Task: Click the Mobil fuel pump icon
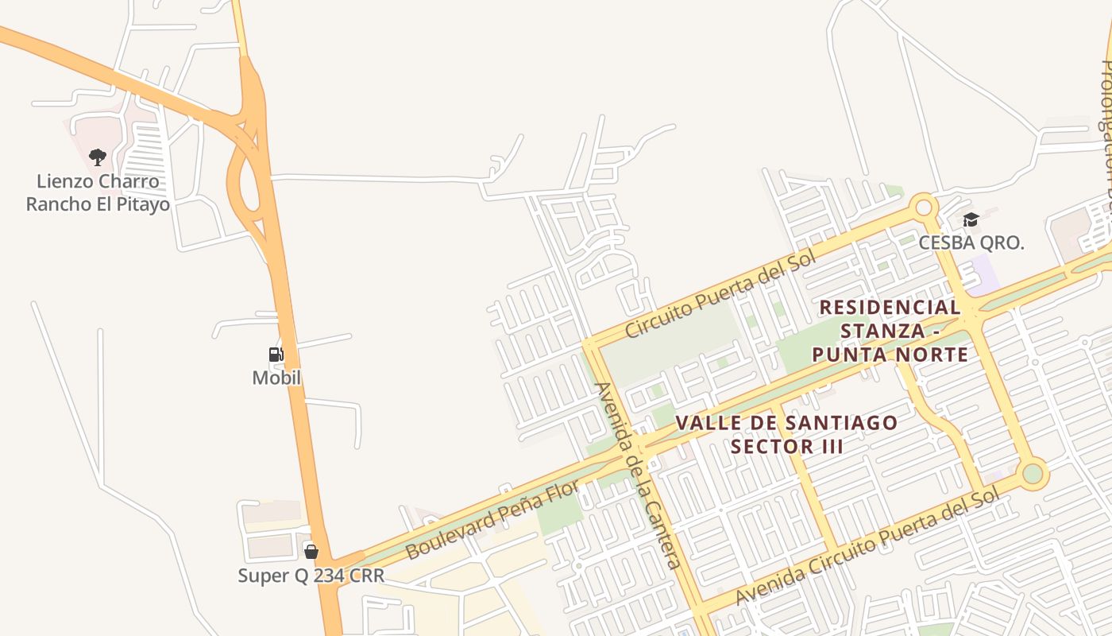coord(276,355)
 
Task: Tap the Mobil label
coord(276,378)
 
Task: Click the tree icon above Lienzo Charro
coord(98,157)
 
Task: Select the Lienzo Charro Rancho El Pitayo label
coord(98,193)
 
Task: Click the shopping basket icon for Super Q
coord(311,551)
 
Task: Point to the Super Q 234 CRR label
coord(311,575)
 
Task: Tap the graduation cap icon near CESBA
coord(971,220)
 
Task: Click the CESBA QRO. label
coord(971,242)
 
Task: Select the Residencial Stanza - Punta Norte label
coord(890,331)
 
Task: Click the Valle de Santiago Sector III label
coord(786,434)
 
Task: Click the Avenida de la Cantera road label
coord(638,475)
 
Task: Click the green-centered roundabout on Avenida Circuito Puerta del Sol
coord(1032,474)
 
